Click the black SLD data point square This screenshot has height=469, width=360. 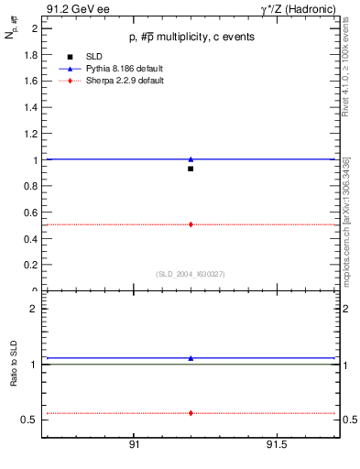(191, 169)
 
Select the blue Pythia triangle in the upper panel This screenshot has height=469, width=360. (191, 159)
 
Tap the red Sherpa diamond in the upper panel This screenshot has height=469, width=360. (191, 224)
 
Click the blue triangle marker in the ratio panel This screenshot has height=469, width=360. (191, 358)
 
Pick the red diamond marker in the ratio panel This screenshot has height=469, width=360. (191, 413)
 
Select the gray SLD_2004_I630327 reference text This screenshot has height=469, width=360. (191, 274)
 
